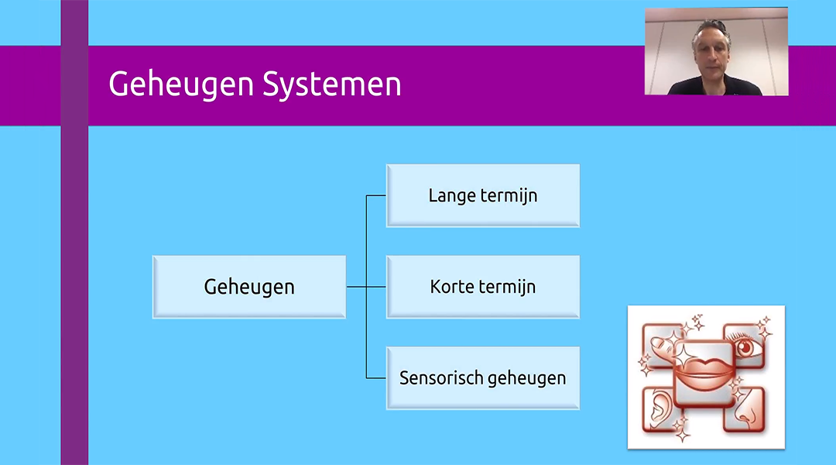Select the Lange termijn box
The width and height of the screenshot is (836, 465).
tap(483, 195)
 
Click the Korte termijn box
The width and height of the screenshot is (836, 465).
tap(483, 287)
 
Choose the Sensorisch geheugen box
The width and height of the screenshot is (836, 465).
tap(483, 378)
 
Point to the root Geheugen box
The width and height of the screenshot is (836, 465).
tap(249, 287)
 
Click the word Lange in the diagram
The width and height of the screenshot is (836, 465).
tap(452, 195)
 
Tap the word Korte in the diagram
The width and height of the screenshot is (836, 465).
tap(453, 287)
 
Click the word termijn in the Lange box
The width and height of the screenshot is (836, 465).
tap(509, 195)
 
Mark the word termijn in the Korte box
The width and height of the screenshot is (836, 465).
tap(508, 287)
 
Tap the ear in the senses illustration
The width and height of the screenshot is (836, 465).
tap(658, 408)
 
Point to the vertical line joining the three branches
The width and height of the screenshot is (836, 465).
tap(366, 248)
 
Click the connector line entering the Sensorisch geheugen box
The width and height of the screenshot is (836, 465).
tap(376, 378)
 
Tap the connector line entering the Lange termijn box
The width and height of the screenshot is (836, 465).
tap(376, 195)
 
